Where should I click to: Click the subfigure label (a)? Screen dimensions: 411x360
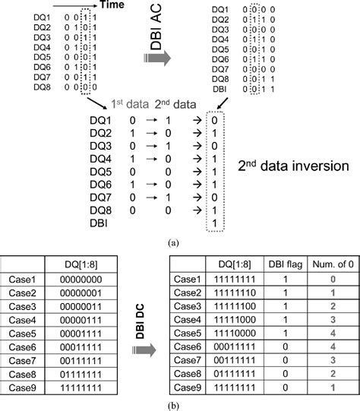point(180,242)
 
